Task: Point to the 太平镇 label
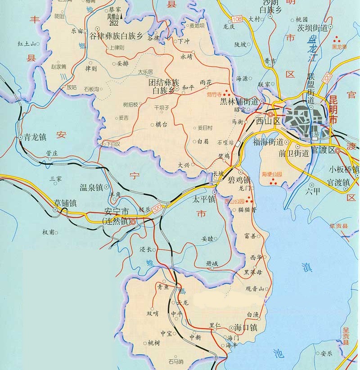[204, 198]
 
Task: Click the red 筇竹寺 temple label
[215, 95]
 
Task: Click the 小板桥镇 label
[344, 169]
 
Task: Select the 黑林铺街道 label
[238, 102]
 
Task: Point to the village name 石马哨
[175, 361]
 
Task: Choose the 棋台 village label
[161, 124]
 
